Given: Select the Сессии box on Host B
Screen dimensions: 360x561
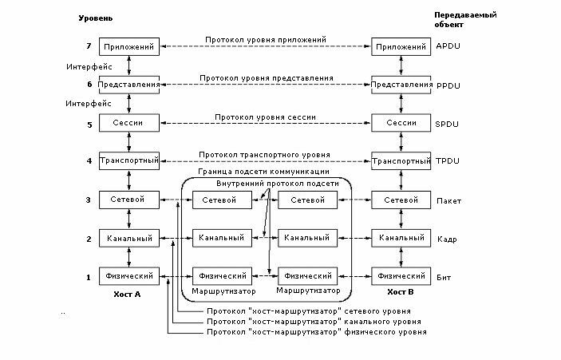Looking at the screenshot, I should click(401, 124).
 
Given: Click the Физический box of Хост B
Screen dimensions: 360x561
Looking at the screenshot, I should click(401, 276).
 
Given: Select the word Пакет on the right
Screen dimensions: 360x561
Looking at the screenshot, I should click(448, 200).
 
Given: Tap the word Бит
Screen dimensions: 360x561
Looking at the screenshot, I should click(444, 276).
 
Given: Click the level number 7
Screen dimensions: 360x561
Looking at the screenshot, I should click(89, 47).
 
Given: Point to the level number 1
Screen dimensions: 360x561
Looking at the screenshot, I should click(89, 276).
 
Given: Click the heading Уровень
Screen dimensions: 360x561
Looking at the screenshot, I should click(97, 16).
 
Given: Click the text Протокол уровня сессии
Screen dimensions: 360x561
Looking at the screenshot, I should click(265, 117).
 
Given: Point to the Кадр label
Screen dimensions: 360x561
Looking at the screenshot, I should click(447, 238).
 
